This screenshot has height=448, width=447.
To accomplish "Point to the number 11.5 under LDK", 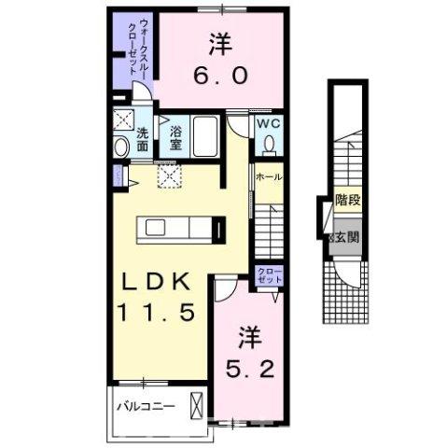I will click(x=156, y=314).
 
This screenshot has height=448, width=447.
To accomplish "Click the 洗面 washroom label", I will click(x=142, y=139).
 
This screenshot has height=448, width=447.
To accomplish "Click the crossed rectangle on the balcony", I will click(x=196, y=406).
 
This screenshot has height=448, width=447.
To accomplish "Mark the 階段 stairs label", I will click(x=347, y=200).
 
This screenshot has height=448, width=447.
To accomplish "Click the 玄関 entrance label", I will click(x=345, y=236).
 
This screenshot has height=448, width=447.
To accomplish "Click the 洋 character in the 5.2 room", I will click(x=247, y=333).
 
